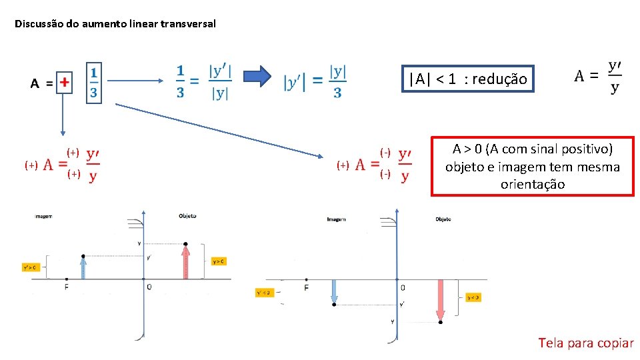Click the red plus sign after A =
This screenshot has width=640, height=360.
tap(64, 83)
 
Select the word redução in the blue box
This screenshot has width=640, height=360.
tap(500, 79)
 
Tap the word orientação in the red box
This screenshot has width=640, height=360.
tap(532, 184)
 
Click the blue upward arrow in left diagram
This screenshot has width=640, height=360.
tap(83, 267)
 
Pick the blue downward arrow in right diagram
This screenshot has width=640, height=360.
tap(335, 291)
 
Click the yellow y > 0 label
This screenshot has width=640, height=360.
tap(219, 261)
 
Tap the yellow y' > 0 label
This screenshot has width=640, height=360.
tap(31, 267)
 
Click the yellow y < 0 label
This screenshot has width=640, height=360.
tap(473, 297)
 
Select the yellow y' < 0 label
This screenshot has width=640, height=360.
tap(263, 292)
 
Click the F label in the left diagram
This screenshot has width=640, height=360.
tap(67, 287)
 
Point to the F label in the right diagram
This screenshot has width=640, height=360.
tap(306, 287)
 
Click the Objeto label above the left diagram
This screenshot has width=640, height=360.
tap(187, 216)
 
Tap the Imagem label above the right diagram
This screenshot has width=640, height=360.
tap(336, 219)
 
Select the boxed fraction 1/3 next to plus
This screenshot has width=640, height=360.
tap(93, 82)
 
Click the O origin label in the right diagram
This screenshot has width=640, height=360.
tap(403, 287)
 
